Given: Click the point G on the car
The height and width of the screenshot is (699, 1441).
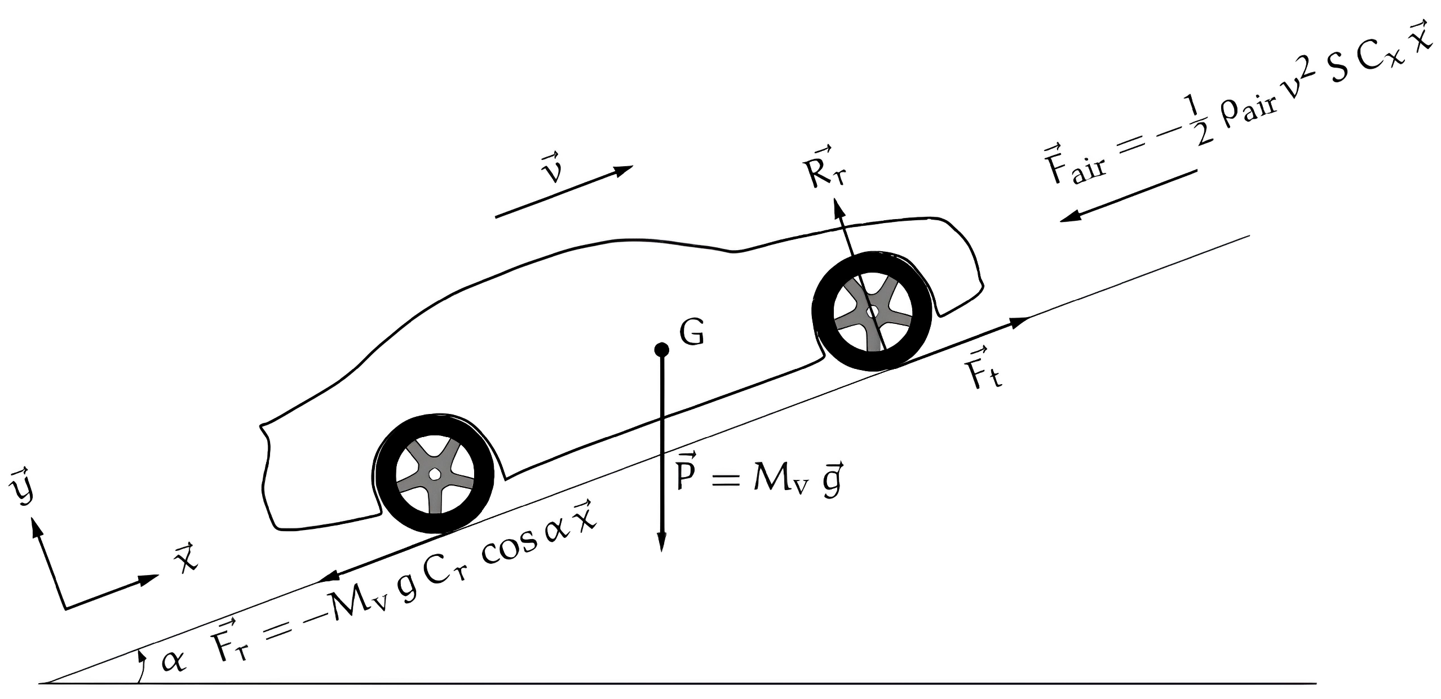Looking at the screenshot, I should [x=661, y=350].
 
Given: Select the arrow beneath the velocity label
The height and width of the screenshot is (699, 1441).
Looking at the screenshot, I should [x=564, y=192].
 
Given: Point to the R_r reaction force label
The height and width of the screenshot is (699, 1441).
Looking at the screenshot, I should [x=825, y=170].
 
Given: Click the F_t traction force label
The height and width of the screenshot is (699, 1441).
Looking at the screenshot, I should [x=982, y=369].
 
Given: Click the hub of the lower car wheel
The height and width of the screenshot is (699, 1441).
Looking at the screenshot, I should [x=434, y=474].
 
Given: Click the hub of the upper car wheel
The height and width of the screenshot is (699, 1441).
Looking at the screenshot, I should [x=872, y=311].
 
